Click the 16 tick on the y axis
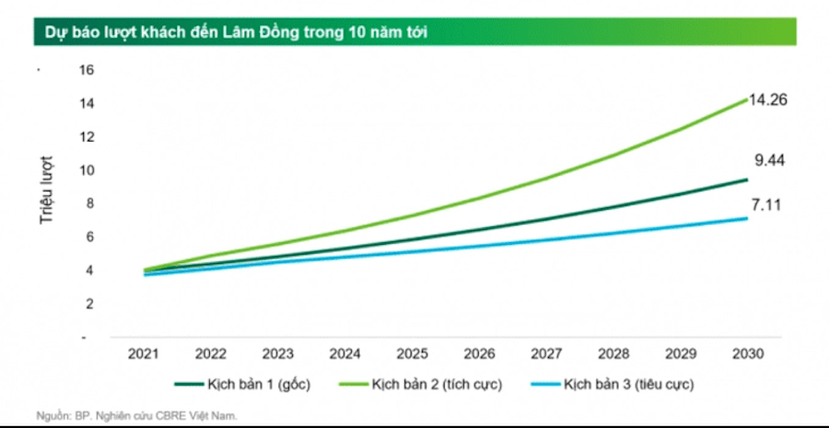tap(87, 70)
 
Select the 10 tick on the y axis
tap(87, 169)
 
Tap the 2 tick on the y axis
tap(89, 303)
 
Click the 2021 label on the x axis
tap(144, 353)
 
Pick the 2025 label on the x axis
tap(411, 353)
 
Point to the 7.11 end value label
tap(768, 204)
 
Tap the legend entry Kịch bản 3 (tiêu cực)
tap(627, 382)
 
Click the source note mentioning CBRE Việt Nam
tap(138, 415)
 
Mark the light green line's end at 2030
tap(745, 98)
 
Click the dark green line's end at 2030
tap(745, 179)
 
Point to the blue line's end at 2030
tap(745, 218)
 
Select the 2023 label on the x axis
tap(277, 353)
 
